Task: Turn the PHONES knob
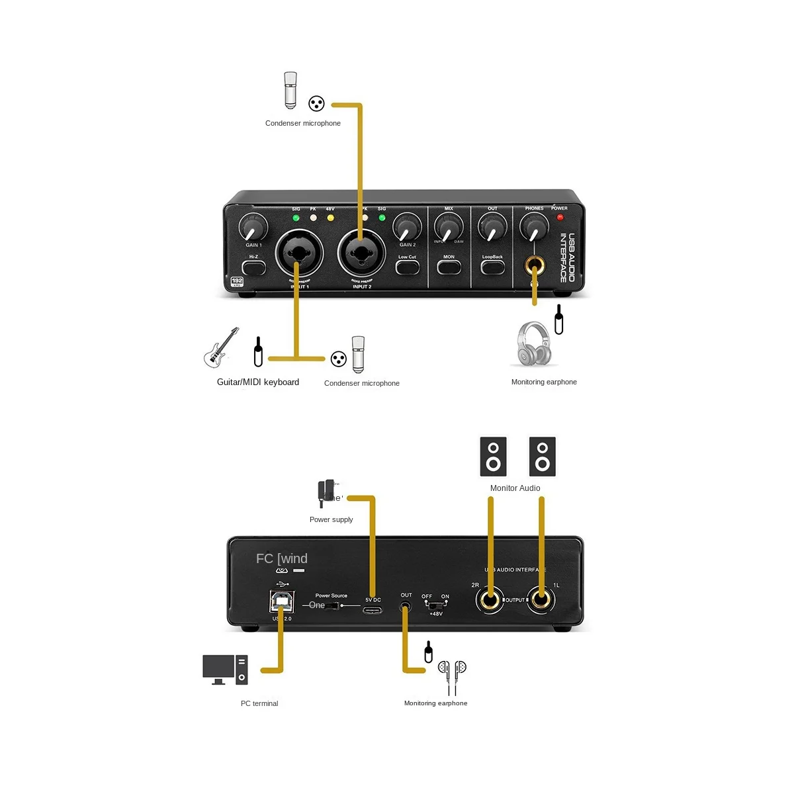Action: coord(534,228)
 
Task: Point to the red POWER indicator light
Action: coord(560,217)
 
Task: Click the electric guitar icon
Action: coord(220,347)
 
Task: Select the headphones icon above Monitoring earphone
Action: coord(533,344)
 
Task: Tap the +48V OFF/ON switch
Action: coord(435,605)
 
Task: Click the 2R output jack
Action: coord(490,600)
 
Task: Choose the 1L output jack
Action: coord(541,600)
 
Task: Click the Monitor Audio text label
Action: coord(515,488)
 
